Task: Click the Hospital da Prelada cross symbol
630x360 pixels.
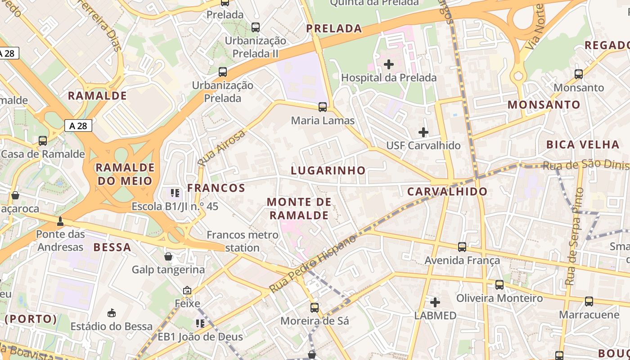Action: [x=389, y=64]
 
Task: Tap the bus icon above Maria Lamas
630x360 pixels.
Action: [x=323, y=107]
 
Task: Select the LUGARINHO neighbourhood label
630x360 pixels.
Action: [x=328, y=171]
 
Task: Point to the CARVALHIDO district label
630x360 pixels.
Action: [x=447, y=192]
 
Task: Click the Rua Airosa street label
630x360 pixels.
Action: [x=222, y=147]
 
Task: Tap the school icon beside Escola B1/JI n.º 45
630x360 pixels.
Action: [x=175, y=193]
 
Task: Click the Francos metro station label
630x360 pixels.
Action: [x=243, y=241]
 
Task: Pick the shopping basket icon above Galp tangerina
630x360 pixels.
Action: [x=168, y=256]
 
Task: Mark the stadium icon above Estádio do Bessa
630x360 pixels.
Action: [x=112, y=313]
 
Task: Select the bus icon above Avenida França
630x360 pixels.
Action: [x=462, y=247]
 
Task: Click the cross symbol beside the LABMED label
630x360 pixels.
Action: [x=435, y=302]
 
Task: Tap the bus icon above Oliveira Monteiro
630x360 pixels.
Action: [x=499, y=284]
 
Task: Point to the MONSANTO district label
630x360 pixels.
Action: [x=544, y=105]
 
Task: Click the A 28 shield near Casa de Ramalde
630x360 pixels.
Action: [x=78, y=126]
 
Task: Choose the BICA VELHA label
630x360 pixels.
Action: [x=583, y=144]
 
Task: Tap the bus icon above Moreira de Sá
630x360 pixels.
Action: [x=315, y=308]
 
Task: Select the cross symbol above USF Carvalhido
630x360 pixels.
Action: [x=423, y=132]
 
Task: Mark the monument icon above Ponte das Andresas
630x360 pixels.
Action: [x=60, y=221]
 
